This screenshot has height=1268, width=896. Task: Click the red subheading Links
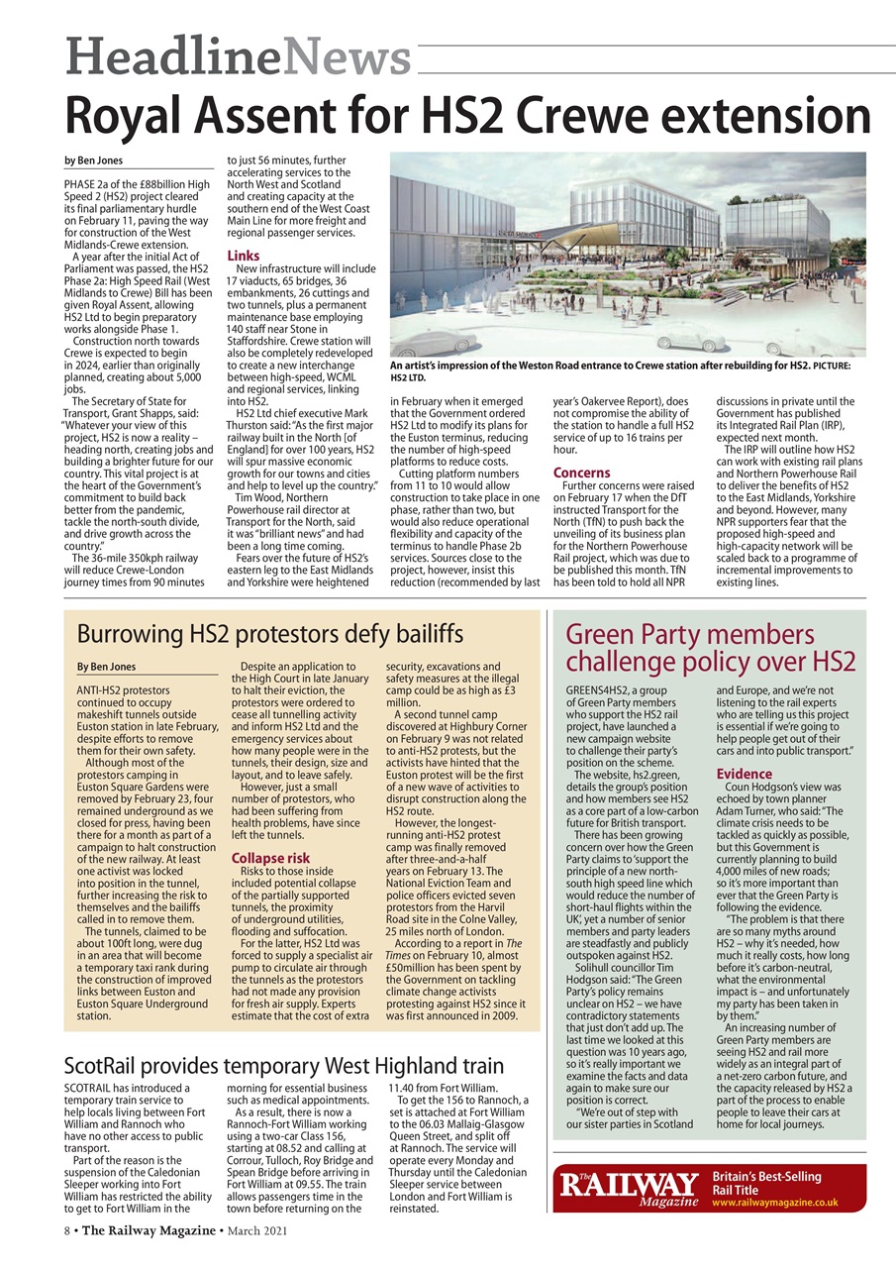coord(244,256)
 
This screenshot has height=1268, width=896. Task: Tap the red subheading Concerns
coord(582,473)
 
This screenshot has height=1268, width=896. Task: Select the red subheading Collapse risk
coord(269,858)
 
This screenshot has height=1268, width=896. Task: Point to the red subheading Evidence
coord(744,774)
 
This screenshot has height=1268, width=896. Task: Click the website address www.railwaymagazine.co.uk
coord(775,1202)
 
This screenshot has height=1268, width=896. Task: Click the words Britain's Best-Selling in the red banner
coord(766,1176)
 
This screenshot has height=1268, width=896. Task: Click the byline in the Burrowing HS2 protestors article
coord(107,667)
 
